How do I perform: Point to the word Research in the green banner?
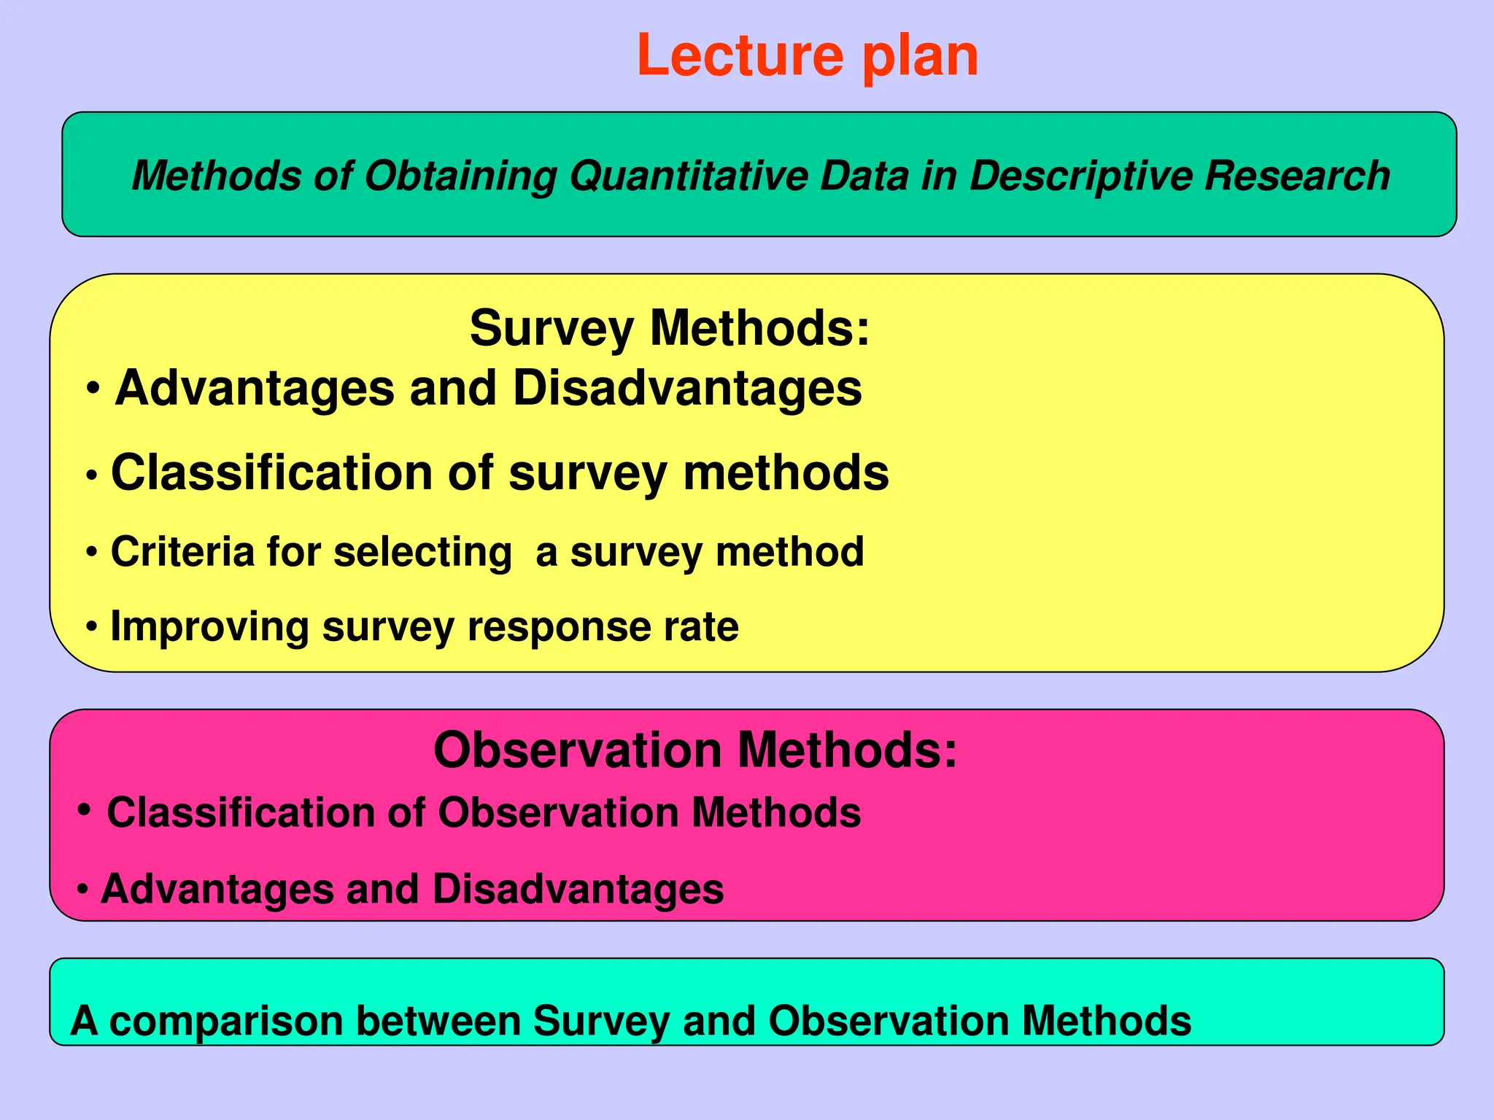[1297, 176]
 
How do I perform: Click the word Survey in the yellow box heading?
[551, 330]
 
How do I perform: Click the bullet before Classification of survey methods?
[92, 475]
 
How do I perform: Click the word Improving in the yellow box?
[209, 627]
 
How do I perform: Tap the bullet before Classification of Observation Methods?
[85, 809]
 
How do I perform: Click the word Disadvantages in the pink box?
[578, 890]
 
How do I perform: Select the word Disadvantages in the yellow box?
[687, 388]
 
